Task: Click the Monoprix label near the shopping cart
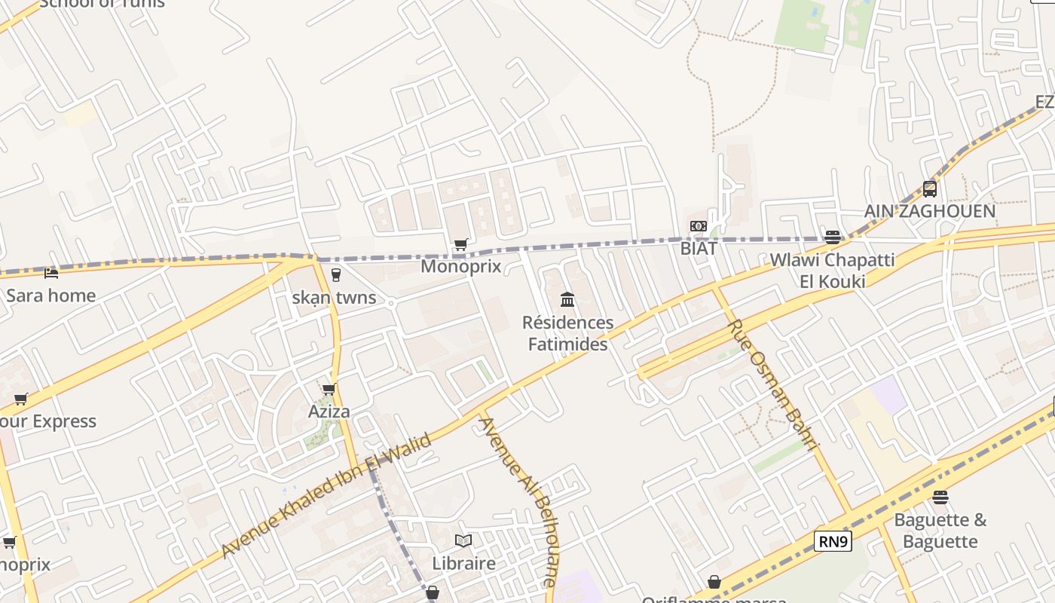coord(460,266)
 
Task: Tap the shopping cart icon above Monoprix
coord(460,245)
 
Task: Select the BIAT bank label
coord(699,247)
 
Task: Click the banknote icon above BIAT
coord(699,226)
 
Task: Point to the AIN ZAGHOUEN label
coord(929,211)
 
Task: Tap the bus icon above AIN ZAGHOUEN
coord(929,188)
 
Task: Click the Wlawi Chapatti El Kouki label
coord(832,271)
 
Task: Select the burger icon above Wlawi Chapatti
coord(832,237)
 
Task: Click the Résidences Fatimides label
coord(567,333)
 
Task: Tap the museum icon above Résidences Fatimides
coord(567,300)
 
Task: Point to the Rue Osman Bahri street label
coord(773,385)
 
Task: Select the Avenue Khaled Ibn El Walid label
coord(326,495)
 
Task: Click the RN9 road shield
coord(833,541)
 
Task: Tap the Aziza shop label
coord(329,412)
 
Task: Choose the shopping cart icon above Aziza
coord(329,390)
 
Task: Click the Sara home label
coord(50,295)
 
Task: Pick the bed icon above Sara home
coord(50,273)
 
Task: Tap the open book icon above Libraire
coord(463,540)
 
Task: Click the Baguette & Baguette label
coord(940,531)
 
